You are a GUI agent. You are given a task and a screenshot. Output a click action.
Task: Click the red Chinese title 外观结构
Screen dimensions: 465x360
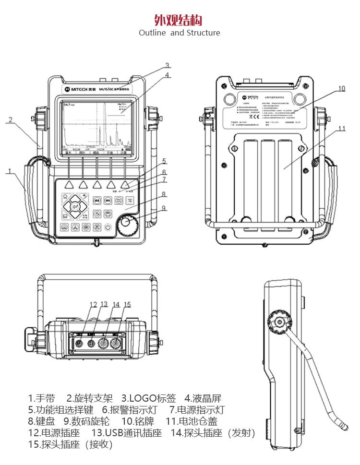179,20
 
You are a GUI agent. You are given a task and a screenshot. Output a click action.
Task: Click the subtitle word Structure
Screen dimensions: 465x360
203,33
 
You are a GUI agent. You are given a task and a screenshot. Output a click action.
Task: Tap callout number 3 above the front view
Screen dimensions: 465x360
168,66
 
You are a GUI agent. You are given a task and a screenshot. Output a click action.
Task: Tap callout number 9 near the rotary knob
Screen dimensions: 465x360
164,208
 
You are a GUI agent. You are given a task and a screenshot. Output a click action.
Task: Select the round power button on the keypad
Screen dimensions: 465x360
109,227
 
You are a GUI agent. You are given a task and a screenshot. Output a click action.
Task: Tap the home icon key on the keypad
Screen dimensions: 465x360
65,196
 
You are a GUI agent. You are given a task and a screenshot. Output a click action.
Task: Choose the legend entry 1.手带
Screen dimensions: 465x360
42,398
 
